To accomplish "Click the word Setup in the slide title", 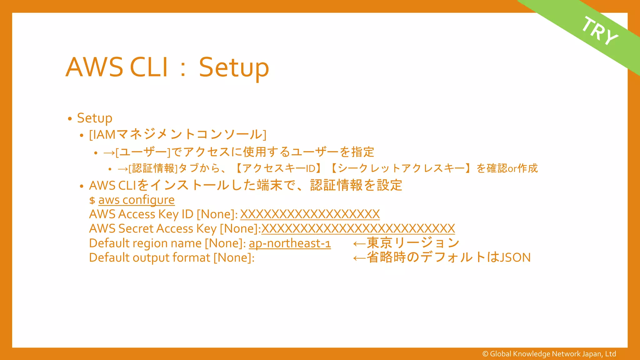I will point(234,67).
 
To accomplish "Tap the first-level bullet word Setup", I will point(94,118).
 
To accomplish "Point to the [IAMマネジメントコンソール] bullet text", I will point(177,135).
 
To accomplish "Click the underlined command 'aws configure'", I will point(136,200).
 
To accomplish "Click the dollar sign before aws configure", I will point(92,201).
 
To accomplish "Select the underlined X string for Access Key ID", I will point(310,214).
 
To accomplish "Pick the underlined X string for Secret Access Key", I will point(358,229).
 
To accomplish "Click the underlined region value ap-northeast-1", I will point(290,243).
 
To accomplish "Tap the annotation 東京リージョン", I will point(413,243).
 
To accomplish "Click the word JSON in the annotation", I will point(515,257).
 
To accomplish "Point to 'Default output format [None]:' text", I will point(172,258).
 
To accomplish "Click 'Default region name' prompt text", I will point(145,243).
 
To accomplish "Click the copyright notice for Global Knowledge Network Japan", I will point(549,354).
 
